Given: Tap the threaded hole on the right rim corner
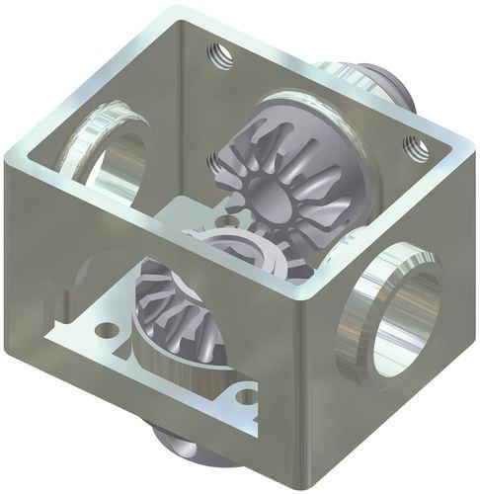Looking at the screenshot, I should point(416,148).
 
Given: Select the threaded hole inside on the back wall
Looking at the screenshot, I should point(215,161).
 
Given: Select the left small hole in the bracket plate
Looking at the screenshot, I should point(106,327).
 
